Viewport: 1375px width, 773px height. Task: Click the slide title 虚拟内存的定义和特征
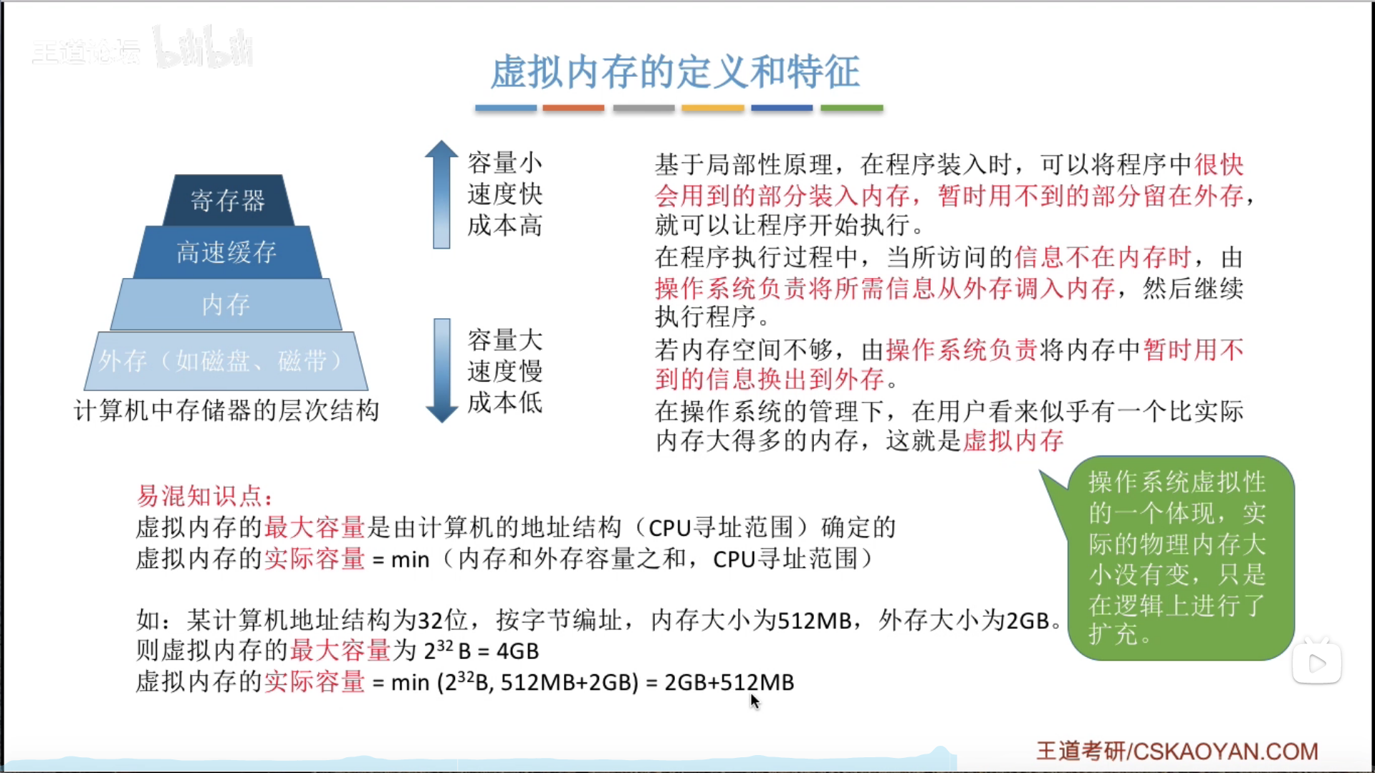coord(675,72)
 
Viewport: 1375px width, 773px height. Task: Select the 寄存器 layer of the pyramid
coord(228,201)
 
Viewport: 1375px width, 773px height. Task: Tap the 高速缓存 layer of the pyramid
coord(227,252)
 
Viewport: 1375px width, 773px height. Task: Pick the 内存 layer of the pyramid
coord(226,304)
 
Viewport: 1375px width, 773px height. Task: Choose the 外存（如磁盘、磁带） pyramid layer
coord(226,360)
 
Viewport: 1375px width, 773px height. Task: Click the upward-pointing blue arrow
coord(441,194)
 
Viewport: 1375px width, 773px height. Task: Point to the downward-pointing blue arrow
coord(441,370)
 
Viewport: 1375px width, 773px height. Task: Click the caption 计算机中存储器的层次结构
coord(226,411)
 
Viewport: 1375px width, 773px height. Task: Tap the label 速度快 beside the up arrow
coord(505,194)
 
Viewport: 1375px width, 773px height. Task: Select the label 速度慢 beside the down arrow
coord(505,371)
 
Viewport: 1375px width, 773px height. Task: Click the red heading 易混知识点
coord(204,496)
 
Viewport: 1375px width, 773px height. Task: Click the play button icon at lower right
coord(1317,663)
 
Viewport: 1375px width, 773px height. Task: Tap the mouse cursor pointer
coord(754,701)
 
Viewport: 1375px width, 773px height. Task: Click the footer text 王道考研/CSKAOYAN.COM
coord(1177,751)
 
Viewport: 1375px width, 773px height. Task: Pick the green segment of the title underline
coord(852,108)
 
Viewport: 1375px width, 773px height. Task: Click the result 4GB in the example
coord(517,651)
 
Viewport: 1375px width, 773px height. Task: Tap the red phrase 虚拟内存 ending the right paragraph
coord(1013,441)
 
